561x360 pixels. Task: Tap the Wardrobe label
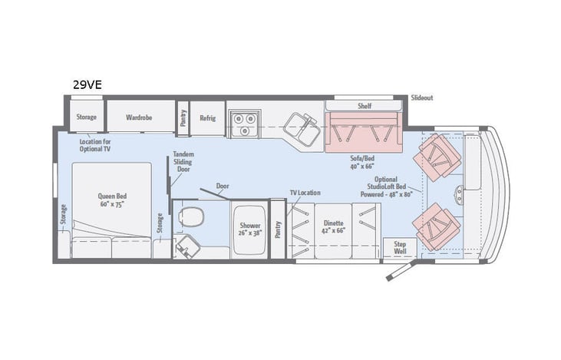[x=140, y=117]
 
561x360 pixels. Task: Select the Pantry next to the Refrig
[x=183, y=118]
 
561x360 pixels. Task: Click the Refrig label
[x=207, y=118]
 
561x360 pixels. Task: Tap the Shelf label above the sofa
[x=364, y=105]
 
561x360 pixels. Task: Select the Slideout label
[x=422, y=98]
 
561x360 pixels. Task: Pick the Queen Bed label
[x=111, y=200]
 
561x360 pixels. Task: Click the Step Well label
[x=400, y=247]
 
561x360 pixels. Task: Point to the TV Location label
[x=305, y=193]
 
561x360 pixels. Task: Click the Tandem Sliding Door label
[x=183, y=163]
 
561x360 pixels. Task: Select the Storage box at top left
[x=86, y=117]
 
